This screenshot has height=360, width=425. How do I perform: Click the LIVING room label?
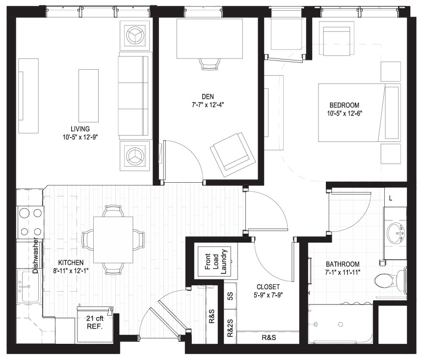click(80, 129)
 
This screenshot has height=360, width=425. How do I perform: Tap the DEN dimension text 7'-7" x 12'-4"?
click(208, 105)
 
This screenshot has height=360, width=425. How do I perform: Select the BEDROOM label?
click(344, 105)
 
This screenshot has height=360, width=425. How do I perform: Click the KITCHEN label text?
click(71, 263)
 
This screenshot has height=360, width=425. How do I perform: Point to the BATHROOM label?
click(343, 264)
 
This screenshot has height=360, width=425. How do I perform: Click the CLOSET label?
click(268, 287)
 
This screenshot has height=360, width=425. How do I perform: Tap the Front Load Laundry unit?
click(214, 261)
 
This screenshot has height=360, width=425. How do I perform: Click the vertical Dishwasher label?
click(35, 255)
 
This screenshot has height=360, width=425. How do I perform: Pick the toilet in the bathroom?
click(390, 280)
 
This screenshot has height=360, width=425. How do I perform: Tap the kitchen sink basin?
click(29, 286)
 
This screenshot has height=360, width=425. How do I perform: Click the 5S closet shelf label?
click(230, 296)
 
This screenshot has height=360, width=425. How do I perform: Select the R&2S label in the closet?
click(230, 328)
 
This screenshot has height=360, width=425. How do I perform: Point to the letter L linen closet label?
click(391, 198)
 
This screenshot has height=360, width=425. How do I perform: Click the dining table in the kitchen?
click(113, 240)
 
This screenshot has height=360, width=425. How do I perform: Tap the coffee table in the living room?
click(88, 95)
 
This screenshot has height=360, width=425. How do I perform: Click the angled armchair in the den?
click(233, 154)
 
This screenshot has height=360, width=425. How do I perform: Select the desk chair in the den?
click(210, 64)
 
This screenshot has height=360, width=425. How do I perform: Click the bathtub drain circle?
click(341, 324)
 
